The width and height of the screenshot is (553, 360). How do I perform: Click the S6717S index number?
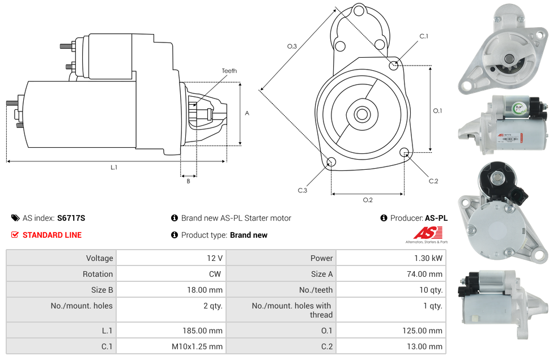pyautogui.click(x=71, y=218)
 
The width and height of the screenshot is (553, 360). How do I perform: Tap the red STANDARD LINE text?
pyautogui.click(x=52, y=235)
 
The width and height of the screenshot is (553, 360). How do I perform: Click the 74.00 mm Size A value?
pyautogui.click(x=424, y=274)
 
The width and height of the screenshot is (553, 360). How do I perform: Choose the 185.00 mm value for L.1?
pyautogui.click(x=202, y=331)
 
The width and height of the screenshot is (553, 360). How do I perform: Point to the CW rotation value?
pyautogui.click(x=215, y=274)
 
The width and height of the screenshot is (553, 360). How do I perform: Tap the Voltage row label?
pyautogui.click(x=100, y=258)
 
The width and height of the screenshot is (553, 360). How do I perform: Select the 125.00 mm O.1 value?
pyautogui.click(x=423, y=331)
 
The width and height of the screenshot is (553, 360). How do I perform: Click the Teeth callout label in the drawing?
pyautogui.click(x=229, y=71)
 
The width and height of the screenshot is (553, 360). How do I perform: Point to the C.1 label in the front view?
pyautogui.click(x=424, y=36)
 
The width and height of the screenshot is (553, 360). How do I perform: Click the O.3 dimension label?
pyautogui.click(x=292, y=46)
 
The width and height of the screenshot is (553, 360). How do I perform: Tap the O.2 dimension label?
pyautogui.click(x=368, y=200)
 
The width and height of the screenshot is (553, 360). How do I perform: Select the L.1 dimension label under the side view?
pyautogui.click(x=114, y=168)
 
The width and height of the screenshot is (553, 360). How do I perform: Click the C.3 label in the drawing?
pyautogui.click(x=303, y=191)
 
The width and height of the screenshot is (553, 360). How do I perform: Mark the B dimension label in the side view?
pyautogui.click(x=188, y=181)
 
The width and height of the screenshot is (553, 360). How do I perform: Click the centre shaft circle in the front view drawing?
pyautogui.click(x=362, y=114)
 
